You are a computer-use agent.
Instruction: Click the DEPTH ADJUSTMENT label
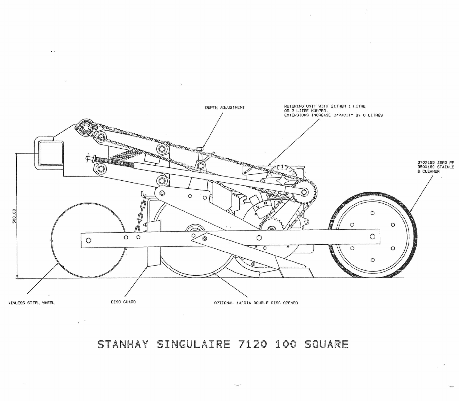coord(225,108)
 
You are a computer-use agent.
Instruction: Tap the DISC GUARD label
coord(123,302)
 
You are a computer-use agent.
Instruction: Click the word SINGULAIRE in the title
coord(193,344)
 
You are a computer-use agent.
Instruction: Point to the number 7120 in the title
coord(253,344)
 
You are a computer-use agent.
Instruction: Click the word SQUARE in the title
coord(326,344)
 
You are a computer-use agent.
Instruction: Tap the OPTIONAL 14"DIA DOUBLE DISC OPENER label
coord(256,303)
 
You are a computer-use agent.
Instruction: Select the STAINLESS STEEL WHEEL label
coord(31,303)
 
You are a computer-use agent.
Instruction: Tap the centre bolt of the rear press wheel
coord(372,236)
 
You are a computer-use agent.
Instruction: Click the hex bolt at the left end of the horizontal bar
coord(88,240)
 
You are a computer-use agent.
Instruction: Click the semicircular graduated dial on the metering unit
coord(282,172)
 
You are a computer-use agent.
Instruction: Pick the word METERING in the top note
coord(294,106)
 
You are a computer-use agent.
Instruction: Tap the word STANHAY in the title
coord(123,344)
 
